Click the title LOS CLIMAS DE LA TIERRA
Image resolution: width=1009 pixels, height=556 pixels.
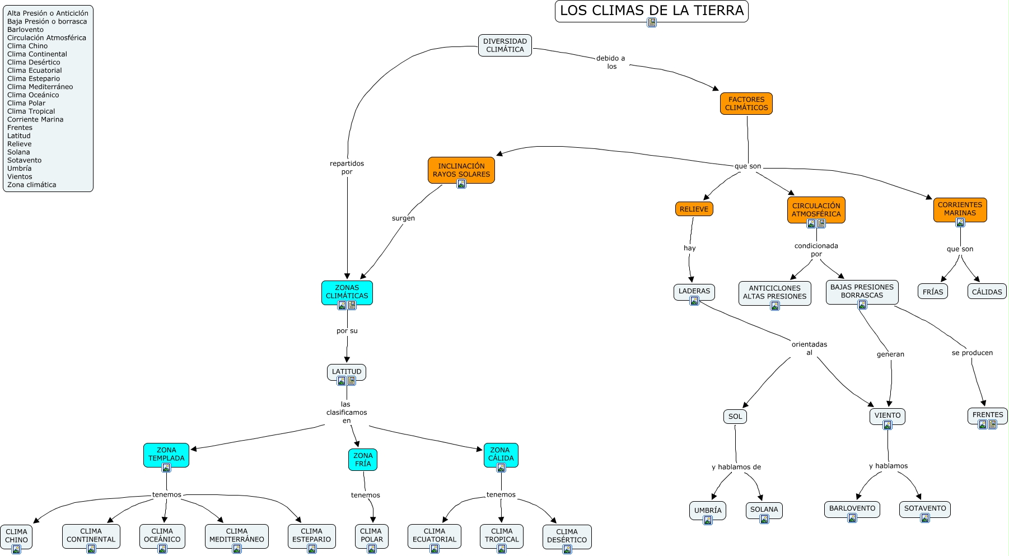coord(651,11)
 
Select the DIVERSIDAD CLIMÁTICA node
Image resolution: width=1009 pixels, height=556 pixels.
coord(504,45)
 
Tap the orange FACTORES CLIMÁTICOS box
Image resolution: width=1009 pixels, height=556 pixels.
coord(746,104)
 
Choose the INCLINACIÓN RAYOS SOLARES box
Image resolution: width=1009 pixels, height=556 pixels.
coord(461,170)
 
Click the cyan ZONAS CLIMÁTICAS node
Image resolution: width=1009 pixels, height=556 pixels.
coord(347,292)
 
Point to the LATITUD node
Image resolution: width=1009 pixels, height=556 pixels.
coord(346,371)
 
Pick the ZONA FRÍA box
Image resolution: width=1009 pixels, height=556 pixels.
coord(362,460)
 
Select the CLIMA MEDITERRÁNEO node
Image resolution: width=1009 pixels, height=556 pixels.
coord(236,535)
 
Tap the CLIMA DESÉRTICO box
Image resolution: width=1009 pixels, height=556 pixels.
coord(567,536)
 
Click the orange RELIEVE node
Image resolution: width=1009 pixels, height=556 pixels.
coord(694,209)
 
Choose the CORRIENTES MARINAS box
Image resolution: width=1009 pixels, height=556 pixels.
coord(960,209)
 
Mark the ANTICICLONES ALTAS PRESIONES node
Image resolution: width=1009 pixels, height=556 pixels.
coord(774,292)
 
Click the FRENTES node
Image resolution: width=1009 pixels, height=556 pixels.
coord(987,415)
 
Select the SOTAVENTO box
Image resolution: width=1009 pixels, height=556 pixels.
coord(924,508)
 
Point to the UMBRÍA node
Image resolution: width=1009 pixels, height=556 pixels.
coord(707,510)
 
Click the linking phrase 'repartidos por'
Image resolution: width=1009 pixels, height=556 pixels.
coord(347,167)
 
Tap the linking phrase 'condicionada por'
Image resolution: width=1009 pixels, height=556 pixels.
coord(816,250)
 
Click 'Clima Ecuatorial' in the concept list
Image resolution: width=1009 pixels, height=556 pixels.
coord(34,71)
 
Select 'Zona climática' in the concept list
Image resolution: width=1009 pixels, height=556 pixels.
coord(31,185)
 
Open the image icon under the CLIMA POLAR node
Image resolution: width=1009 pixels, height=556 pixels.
coord(371,549)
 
